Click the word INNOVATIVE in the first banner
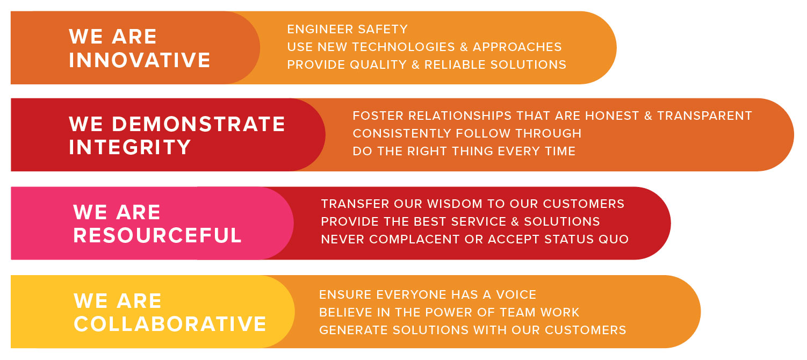tap(139, 60)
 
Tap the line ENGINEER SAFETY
tap(347, 29)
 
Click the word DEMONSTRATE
tap(198, 124)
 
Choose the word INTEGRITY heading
tap(129, 147)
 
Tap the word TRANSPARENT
tap(705, 116)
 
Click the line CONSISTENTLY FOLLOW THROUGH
tap(467, 133)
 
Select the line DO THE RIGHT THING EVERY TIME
tap(464, 151)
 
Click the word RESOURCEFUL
tap(157, 235)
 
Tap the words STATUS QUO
tap(587, 239)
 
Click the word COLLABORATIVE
tap(170, 324)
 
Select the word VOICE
tap(516, 295)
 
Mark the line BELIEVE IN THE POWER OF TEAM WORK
tap(449, 312)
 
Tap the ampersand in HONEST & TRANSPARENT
tap(648, 116)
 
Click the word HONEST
tap(612, 116)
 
